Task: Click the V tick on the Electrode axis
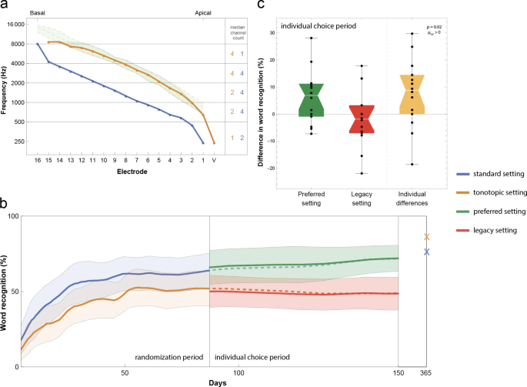tap(214, 160)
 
